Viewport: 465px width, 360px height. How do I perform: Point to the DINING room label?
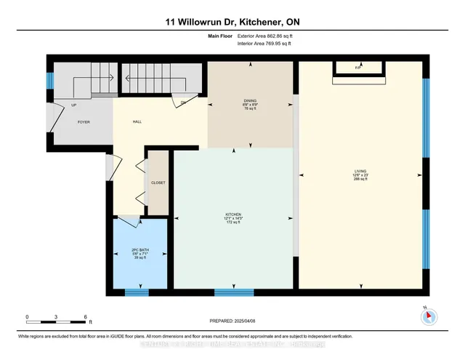point(250,102)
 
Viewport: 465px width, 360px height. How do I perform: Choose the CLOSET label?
point(158,183)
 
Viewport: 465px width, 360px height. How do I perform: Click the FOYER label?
point(84,122)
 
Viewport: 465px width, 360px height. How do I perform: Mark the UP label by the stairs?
point(74,105)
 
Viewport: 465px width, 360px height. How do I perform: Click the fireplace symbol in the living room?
point(357,68)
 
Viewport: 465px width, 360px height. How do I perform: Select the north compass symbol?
point(429,316)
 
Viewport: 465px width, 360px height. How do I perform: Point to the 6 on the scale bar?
point(86,317)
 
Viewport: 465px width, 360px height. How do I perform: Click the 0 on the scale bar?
point(27,317)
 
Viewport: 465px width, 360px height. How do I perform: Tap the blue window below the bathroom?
point(136,292)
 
